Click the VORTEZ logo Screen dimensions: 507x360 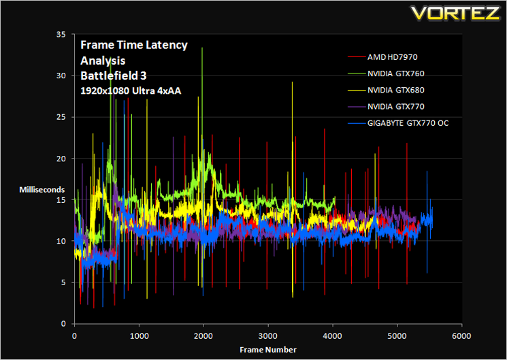(x=455, y=13)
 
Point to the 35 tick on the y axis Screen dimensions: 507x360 (x=61, y=34)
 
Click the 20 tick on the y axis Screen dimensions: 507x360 (x=61, y=159)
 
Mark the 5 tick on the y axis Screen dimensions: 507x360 (x=63, y=282)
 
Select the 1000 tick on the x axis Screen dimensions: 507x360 (x=139, y=336)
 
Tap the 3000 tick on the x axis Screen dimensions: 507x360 (x=268, y=336)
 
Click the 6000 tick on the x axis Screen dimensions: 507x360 (x=461, y=336)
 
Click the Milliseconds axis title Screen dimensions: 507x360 (x=42, y=190)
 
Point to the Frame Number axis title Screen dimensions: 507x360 (x=268, y=350)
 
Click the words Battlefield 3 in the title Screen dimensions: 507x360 (x=114, y=76)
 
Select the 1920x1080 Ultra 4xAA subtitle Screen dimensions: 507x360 (x=131, y=91)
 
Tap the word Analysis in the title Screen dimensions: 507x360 (x=103, y=61)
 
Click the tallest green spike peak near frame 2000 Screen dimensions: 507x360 (x=202, y=48)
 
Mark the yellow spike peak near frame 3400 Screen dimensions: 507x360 (x=293, y=82)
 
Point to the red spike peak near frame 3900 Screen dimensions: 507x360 (x=325, y=129)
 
